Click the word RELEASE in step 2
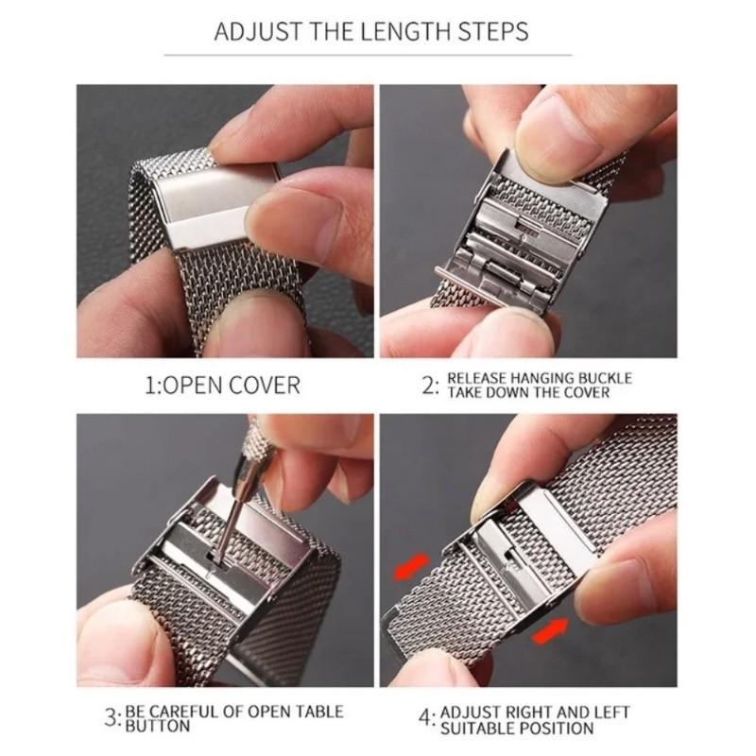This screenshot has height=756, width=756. (482, 378)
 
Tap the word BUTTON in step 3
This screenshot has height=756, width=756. (158, 727)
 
